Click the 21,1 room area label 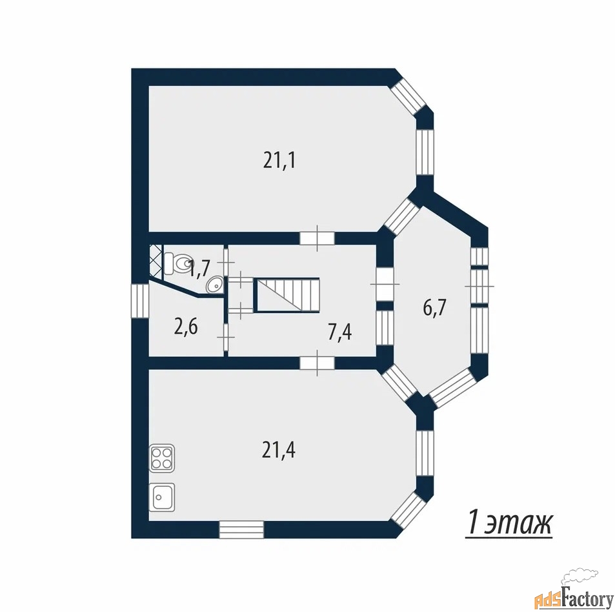(279, 161)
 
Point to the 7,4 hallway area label (339, 332)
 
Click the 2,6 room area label (185, 327)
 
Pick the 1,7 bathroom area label (200, 269)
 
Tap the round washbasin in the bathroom (214, 285)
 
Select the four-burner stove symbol (162, 458)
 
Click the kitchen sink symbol (162, 496)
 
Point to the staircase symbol (287, 295)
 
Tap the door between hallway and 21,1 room (317, 238)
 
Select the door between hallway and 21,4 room (317, 363)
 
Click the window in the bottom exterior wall (241, 529)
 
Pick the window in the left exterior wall (140, 300)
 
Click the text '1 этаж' (509, 523)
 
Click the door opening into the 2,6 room (226, 337)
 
